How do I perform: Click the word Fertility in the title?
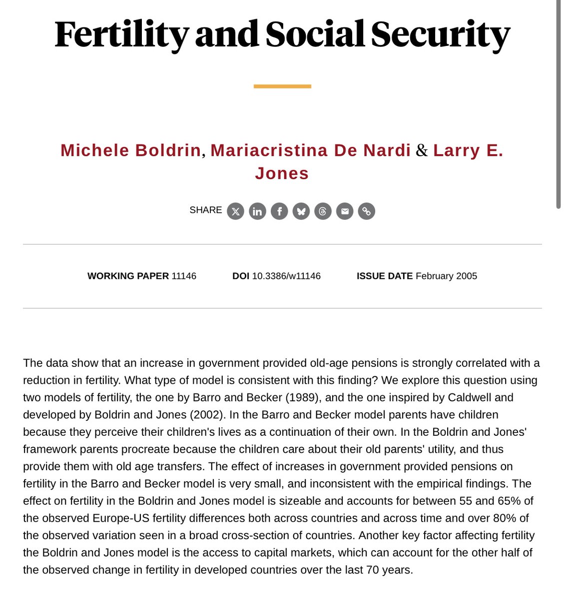pyautogui.click(x=121, y=35)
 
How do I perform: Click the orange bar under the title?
pyautogui.click(x=282, y=86)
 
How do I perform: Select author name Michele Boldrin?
pyautogui.click(x=130, y=150)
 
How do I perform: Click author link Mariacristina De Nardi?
pyautogui.click(x=310, y=150)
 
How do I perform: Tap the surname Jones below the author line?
pyautogui.click(x=282, y=173)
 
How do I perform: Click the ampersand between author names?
pyautogui.click(x=422, y=150)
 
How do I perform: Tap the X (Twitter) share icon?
pyautogui.click(x=236, y=211)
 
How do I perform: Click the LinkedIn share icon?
pyautogui.click(x=257, y=211)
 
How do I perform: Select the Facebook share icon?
pyautogui.click(x=279, y=211)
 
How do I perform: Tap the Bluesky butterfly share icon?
pyautogui.click(x=301, y=211)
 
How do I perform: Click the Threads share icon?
pyautogui.click(x=323, y=211)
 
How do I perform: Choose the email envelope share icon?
pyautogui.click(x=345, y=211)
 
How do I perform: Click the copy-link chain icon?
pyautogui.click(x=367, y=211)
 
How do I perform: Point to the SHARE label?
pyautogui.click(x=205, y=210)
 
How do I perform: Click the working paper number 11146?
pyautogui.click(x=184, y=276)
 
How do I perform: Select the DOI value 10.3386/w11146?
pyautogui.click(x=286, y=276)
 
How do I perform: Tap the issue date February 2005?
pyautogui.click(x=446, y=276)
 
